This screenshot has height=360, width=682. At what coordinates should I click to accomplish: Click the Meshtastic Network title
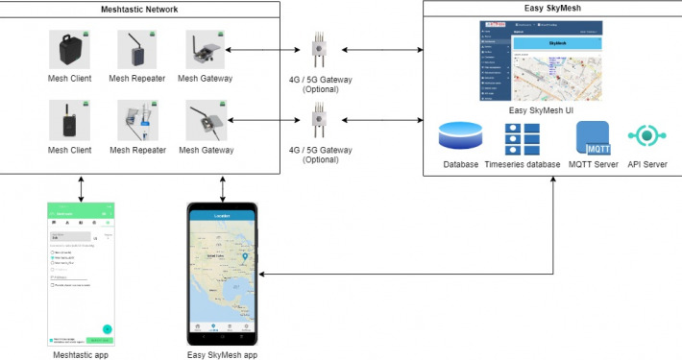point(140,9)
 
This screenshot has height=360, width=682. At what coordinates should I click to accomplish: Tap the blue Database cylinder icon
point(460,136)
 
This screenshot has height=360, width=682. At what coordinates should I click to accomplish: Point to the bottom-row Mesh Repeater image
point(137,122)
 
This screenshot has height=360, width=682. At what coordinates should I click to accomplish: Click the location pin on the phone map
point(245,257)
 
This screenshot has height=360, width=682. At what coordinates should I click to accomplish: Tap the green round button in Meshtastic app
point(107,329)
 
